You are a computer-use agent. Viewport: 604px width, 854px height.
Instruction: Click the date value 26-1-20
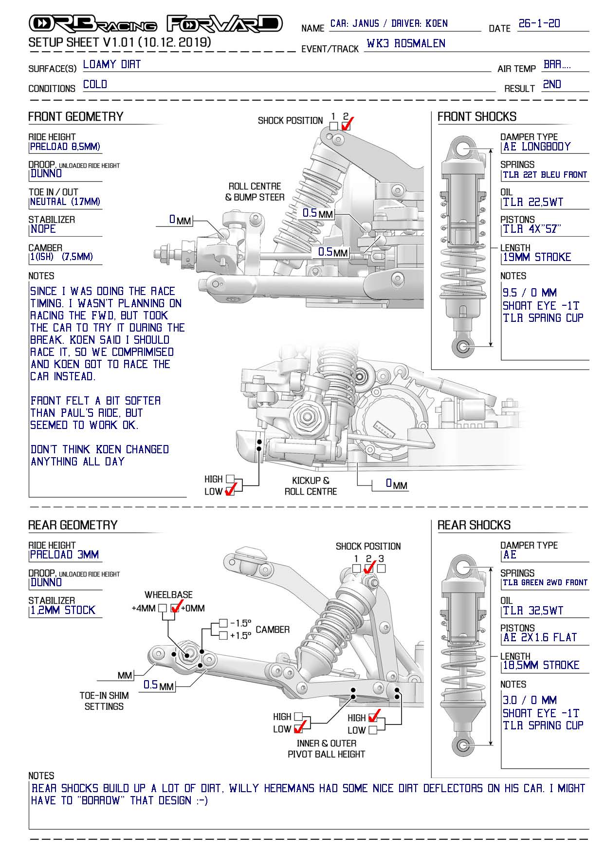pos(539,23)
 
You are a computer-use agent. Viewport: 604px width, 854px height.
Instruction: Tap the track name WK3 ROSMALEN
pos(406,43)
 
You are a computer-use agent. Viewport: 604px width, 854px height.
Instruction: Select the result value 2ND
pos(552,85)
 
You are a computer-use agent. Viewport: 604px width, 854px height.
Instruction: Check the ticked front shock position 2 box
pos(346,126)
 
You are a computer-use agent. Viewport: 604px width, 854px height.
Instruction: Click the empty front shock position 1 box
pos(333,126)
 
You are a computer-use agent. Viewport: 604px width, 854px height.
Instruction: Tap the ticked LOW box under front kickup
pos(230,491)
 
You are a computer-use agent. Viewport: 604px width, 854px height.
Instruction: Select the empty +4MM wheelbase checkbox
pos(163,608)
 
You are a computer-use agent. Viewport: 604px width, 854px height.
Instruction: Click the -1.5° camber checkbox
pos(223,623)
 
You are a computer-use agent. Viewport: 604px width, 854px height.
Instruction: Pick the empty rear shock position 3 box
pos(381,568)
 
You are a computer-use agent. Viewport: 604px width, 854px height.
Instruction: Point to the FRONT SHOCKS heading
pos(476,117)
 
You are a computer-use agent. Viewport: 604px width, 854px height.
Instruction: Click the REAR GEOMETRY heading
pos(73,525)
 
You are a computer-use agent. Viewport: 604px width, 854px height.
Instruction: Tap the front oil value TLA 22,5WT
pos(533,203)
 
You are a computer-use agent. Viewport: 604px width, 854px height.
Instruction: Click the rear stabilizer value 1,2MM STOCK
pos(63,611)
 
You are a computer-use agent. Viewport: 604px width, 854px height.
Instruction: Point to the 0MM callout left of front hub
pos(180,220)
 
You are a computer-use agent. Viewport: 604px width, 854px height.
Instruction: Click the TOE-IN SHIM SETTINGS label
pos(104,701)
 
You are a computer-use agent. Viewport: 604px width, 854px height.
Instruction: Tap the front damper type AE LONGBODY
pos(537,147)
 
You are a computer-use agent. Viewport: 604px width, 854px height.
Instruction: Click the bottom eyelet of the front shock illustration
pos(463,347)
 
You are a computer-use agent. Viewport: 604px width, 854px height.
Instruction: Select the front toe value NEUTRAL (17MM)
pos(65,202)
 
